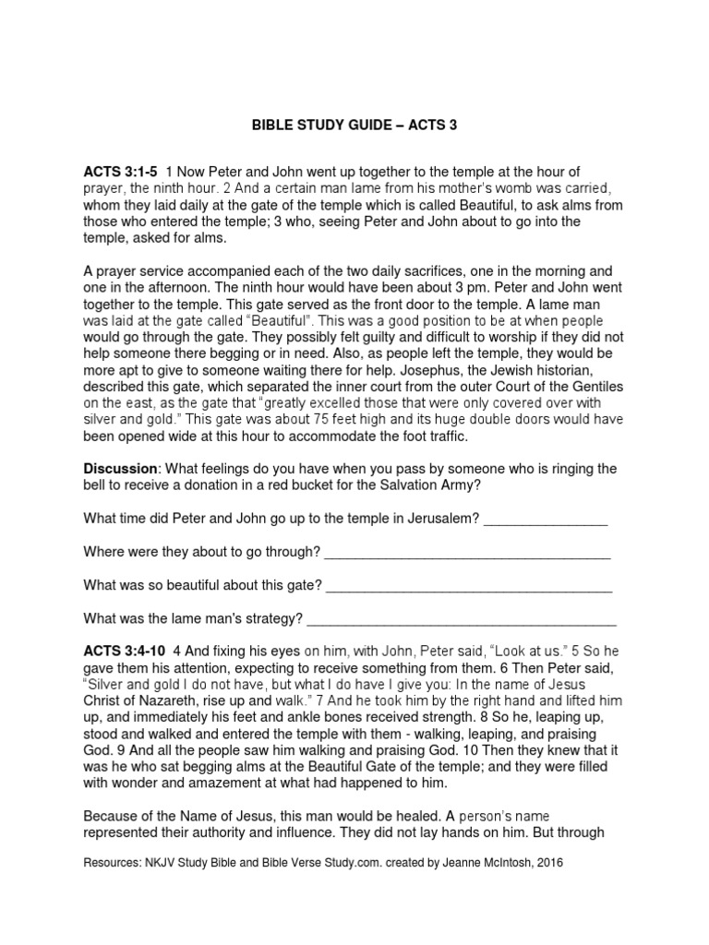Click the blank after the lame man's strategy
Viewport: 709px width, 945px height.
[463, 619]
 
